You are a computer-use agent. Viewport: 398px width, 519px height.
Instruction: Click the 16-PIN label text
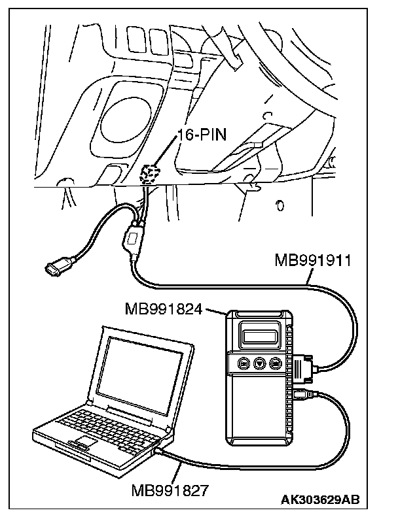point(202,135)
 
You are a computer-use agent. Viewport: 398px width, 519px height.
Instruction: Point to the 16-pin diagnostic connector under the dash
point(151,175)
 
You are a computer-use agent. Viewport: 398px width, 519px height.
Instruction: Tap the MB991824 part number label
point(164,309)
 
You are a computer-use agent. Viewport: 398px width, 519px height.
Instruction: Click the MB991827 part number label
point(170,490)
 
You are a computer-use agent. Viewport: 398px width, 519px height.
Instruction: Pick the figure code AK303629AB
point(320,499)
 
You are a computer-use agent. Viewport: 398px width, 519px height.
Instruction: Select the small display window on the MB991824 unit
point(261,337)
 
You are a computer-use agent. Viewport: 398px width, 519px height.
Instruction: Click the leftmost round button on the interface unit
point(244,363)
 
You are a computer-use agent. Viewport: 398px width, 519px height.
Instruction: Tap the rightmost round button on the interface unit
point(275,363)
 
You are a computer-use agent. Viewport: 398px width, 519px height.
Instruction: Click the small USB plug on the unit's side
point(302,395)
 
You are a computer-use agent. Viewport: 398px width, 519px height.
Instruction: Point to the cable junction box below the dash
point(132,239)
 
